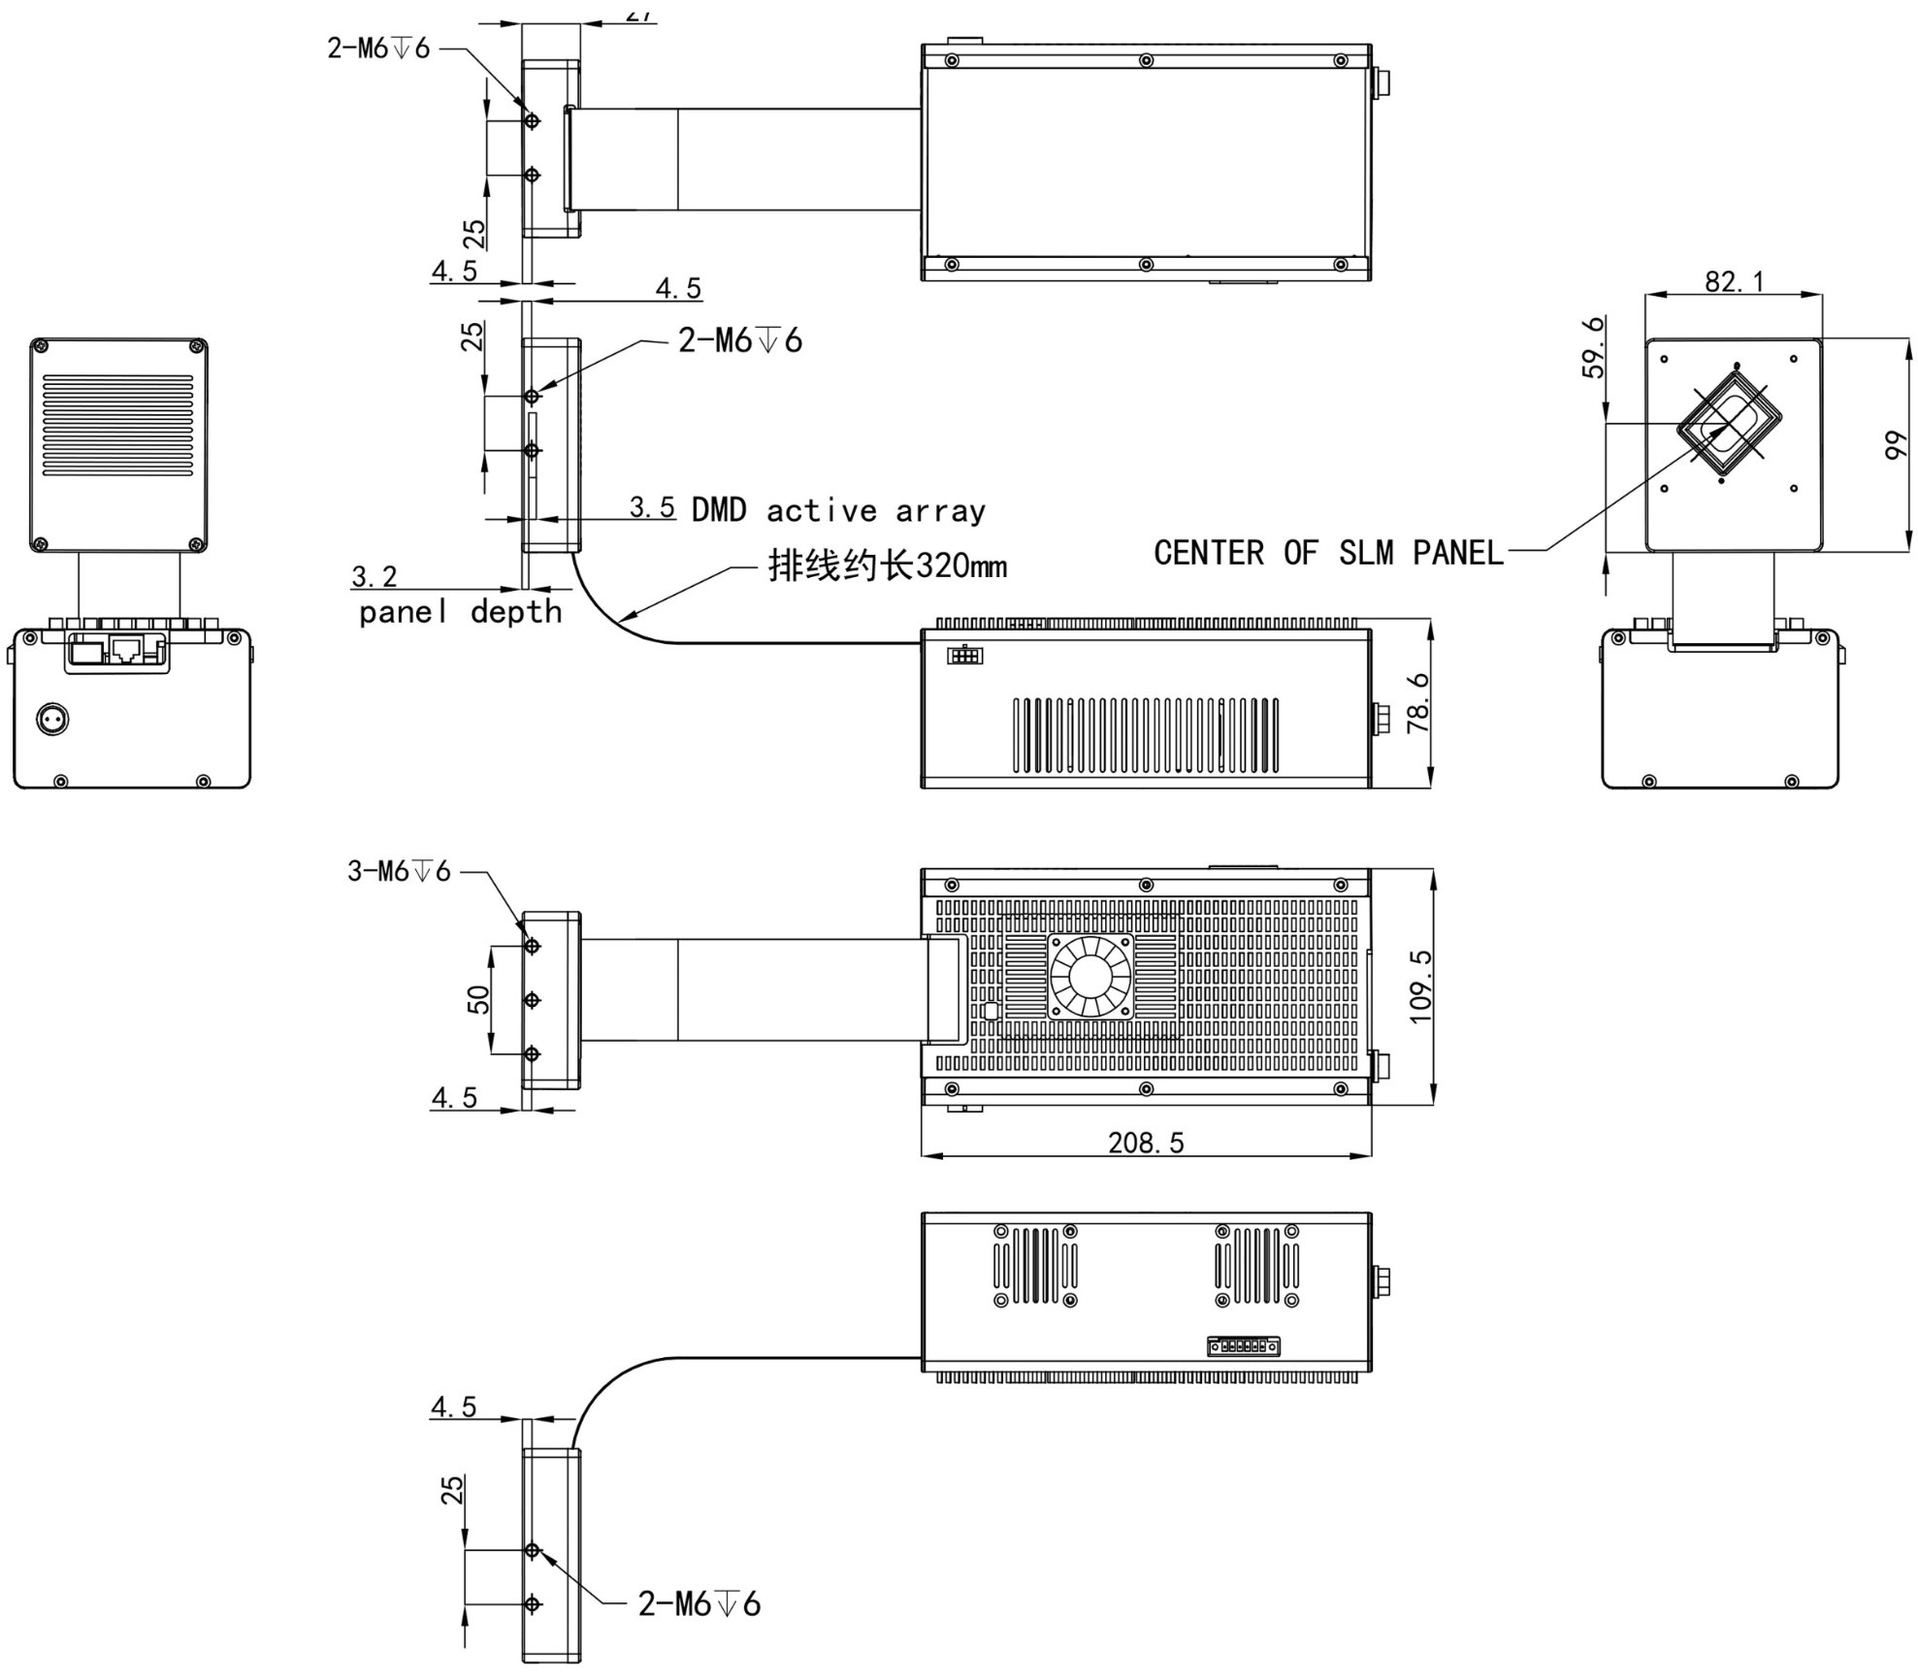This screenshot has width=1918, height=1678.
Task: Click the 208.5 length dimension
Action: pyautogui.click(x=1146, y=1143)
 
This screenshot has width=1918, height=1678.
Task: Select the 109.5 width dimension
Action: pyautogui.click(x=1419, y=986)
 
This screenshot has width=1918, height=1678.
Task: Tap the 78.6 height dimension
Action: pyautogui.click(x=1417, y=703)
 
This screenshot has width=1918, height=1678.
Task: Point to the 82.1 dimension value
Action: pyautogui.click(x=1735, y=281)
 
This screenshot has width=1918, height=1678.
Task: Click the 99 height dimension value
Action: pyautogui.click(x=1895, y=446)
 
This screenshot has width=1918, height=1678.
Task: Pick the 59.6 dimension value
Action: pyautogui.click(x=1593, y=347)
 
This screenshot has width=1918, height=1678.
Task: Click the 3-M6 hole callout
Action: pyautogui.click(x=399, y=871)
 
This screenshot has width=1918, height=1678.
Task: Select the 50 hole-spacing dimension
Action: pyautogui.click(x=478, y=1000)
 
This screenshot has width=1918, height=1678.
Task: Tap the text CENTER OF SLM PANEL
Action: pyautogui.click(x=1328, y=553)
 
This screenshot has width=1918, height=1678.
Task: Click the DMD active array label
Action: pyautogui.click(x=838, y=510)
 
